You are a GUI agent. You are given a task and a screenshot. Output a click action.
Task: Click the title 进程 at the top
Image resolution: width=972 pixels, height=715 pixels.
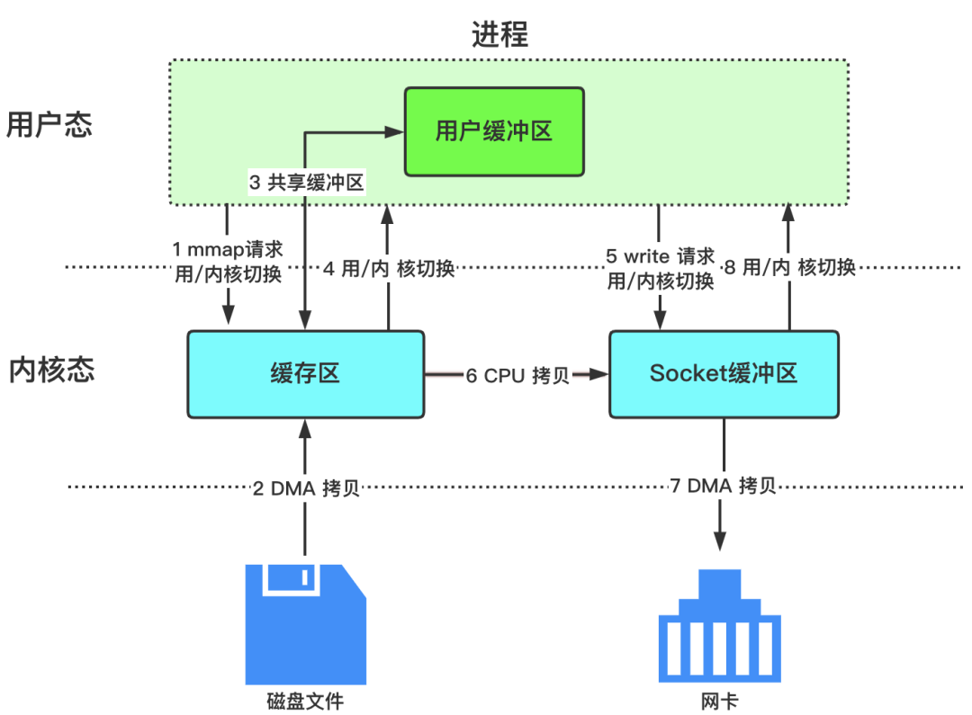point(500,34)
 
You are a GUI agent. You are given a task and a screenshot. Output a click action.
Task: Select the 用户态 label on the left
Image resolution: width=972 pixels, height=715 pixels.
point(49,124)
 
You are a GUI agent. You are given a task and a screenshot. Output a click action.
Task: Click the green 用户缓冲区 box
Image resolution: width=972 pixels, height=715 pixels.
point(493,131)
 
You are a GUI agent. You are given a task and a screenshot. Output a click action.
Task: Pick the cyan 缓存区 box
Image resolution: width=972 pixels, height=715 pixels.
point(305,373)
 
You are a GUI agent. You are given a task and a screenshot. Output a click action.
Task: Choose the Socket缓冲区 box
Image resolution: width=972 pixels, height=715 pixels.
point(724,373)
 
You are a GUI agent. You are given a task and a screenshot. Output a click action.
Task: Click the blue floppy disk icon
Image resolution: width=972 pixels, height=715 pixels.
point(306,623)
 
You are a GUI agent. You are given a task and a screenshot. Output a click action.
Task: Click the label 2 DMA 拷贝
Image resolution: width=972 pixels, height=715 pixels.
point(306,488)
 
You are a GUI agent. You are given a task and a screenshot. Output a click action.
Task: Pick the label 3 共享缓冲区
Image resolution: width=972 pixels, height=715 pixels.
point(306,183)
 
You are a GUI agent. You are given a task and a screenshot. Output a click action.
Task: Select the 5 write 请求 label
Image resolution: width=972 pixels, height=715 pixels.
point(661,256)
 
